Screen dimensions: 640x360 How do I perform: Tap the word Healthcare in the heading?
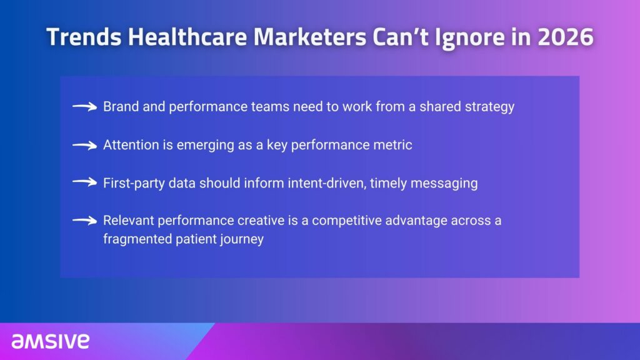tap(187, 37)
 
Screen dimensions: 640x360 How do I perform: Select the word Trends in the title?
tap(84, 37)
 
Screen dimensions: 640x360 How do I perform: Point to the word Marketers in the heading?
tap(310, 37)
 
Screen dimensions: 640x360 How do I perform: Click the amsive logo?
tap(50, 341)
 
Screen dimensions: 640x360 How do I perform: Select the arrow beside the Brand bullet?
tap(84, 107)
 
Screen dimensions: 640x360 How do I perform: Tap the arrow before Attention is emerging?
tap(84, 145)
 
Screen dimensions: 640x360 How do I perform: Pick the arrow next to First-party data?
tap(84, 182)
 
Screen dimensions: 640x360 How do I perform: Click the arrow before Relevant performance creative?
tap(84, 221)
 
